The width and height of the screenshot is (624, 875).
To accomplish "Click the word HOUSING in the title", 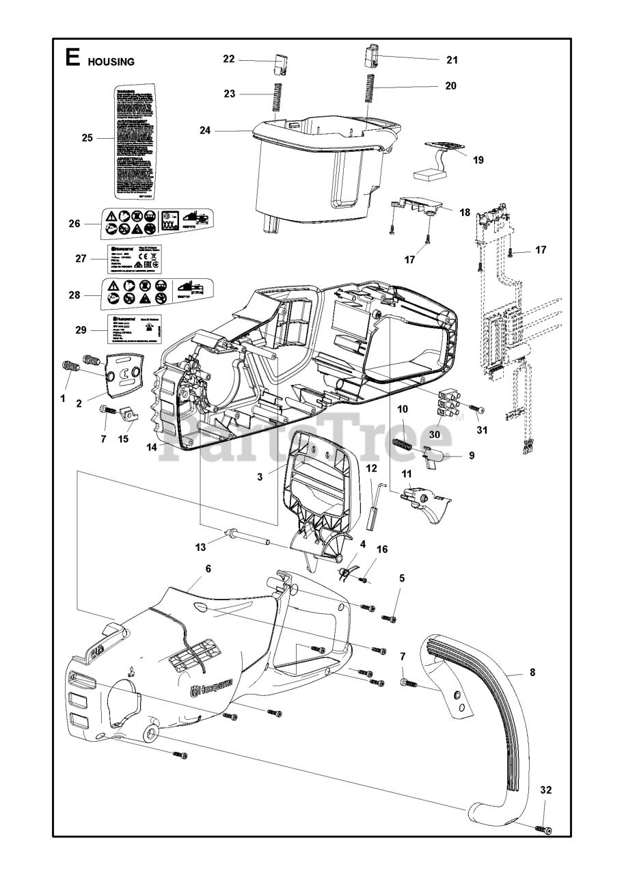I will (111, 62).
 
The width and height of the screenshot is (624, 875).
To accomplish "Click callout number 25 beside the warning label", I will (87, 138).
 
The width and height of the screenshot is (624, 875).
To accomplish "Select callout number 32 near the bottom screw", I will (545, 790).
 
